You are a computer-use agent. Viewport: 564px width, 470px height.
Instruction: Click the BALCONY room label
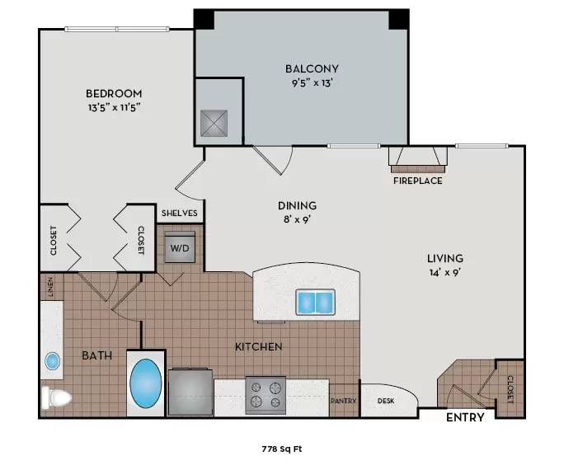(x=312, y=68)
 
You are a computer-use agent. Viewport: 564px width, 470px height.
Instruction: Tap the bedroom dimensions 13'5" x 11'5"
(x=114, y=107)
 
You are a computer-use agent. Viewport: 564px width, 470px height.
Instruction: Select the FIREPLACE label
(x=417, y=181)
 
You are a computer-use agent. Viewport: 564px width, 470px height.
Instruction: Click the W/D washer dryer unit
(x=180, y=247)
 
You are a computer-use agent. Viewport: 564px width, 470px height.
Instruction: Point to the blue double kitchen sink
(x=316, y=302)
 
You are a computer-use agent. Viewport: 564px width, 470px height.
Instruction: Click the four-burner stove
(x=266, y=395)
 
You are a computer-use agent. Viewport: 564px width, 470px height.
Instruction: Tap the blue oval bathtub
(x=145, y=383)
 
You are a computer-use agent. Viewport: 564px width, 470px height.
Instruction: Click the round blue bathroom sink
(x=53, y=360)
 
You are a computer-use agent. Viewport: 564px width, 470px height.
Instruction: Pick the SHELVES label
(x=180, y=214)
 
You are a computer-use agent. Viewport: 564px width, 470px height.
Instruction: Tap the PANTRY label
(x=344, y=401)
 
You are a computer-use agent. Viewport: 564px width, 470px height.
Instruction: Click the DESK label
(x=386, y=401)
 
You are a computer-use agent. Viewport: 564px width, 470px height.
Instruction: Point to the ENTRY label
(x=465, y=417)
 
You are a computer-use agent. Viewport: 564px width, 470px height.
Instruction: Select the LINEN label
(x=50, y=287)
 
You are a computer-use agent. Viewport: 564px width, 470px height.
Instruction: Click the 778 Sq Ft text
(x=282, y=449)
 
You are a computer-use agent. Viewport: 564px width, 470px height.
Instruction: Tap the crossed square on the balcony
(x=214, y=124)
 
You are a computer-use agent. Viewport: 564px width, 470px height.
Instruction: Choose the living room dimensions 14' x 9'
(x=445, y=273)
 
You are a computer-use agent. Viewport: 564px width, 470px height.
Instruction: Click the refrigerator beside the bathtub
(x=190, y=391)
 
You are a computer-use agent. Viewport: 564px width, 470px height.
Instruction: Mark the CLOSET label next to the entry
(x=510, y=389)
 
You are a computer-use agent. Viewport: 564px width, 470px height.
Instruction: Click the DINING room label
(x=297, y=205)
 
